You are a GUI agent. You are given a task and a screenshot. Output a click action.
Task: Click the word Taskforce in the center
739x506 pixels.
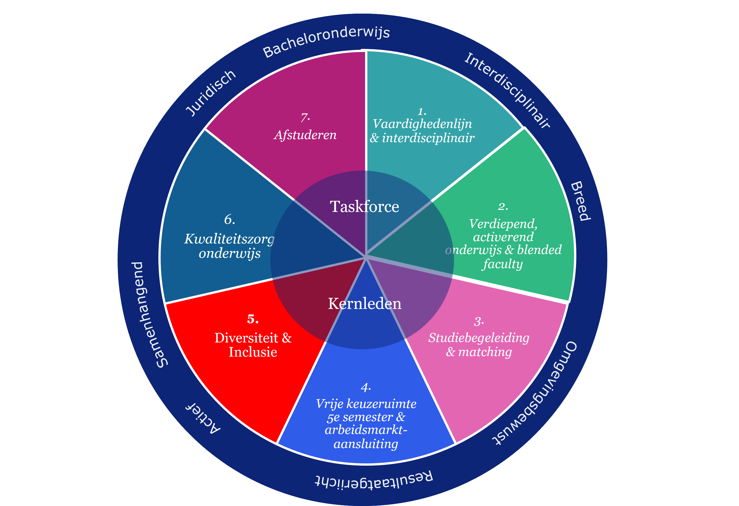(x=364, y=207)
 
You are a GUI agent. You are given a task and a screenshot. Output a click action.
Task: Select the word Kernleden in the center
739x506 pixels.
(x=364, y=304)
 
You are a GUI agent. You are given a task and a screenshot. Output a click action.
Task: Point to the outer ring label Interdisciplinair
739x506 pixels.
(x=507, y=90)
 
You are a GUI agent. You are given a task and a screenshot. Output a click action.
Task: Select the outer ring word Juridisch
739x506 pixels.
(x=211, y=93)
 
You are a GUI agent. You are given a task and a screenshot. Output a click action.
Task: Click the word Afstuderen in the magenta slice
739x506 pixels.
(x=305, y=135)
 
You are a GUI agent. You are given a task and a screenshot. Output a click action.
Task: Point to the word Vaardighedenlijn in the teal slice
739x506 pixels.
(x=422, y=124)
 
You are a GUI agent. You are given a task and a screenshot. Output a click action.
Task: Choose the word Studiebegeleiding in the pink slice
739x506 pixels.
(x=479, y=338)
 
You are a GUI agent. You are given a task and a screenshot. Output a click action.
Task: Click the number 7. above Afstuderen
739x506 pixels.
(x=305, y=118)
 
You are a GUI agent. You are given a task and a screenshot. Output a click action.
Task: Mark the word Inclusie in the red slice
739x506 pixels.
(x=253, y=352)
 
